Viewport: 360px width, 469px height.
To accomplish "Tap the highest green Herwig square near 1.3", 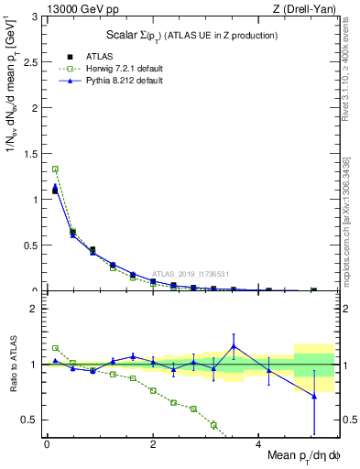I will (55, 169).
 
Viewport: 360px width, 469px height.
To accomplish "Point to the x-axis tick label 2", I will (153, 443).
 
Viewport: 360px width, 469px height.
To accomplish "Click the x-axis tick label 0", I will (47, 443).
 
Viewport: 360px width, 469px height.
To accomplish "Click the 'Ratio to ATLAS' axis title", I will (12, 365).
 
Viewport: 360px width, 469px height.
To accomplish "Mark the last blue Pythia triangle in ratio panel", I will (314, 396).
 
